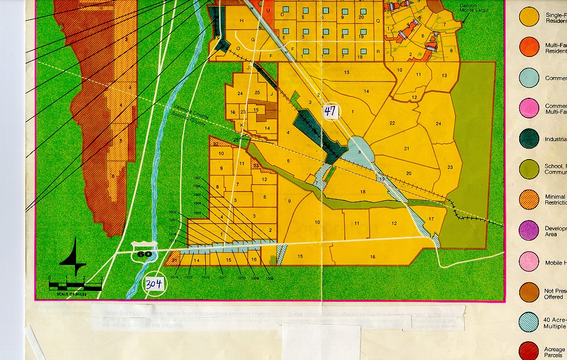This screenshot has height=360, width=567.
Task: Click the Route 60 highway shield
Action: [x=144, y=252]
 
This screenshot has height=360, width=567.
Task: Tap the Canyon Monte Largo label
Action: [x=474, y=8]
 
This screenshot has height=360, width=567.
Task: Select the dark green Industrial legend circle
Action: [x=529, y=139]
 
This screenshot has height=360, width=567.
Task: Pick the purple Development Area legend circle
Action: [x=529, y=230]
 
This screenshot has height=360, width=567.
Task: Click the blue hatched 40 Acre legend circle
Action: [x=529, y=323]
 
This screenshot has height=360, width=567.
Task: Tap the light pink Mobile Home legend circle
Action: [x=529, y=261]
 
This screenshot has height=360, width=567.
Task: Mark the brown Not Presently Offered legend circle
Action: [x=529, y=292]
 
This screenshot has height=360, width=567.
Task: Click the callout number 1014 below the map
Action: [x=174, y=277]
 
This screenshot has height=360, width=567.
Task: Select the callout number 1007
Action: [x=197, y=179]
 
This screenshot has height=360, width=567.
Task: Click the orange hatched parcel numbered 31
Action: [x=175, y=261]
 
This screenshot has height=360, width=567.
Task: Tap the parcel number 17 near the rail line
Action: [x=431, y=219]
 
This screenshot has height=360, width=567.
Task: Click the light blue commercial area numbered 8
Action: [x=358, y=153]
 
